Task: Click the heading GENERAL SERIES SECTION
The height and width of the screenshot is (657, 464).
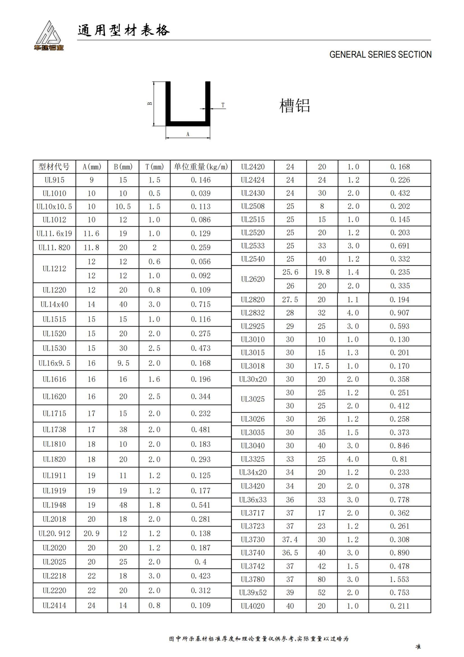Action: (x=380, y=54)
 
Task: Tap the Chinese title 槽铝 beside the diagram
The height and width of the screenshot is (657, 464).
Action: (x=294, y=106)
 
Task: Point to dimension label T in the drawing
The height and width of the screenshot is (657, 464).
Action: (x=223, y=105)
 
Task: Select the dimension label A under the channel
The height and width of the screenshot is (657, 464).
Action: (x=188, y=134)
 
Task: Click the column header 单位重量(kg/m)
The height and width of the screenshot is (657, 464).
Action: (x=200, y=167)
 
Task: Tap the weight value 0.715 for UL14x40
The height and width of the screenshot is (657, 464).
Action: (x=200, y=304)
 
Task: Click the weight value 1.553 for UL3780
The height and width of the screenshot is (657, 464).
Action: (x=399, y=579)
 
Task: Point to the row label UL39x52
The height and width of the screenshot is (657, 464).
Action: (x=253, y=593)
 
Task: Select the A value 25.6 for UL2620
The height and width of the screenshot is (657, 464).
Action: (x=290, y=272)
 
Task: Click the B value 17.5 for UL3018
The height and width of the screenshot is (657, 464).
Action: (x=321, y=366)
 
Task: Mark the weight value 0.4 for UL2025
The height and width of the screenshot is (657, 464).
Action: (x=200, y=562)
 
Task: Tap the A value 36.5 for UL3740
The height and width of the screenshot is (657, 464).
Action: (x=290, y=553)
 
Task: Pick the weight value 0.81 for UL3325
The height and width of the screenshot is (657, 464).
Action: (x=399, y=459)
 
